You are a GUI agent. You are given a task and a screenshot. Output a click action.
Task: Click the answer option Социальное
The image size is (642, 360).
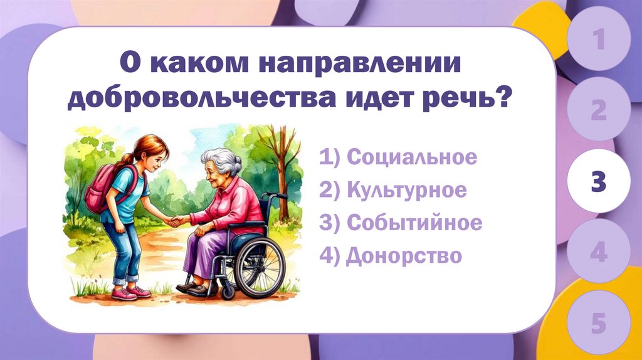398,157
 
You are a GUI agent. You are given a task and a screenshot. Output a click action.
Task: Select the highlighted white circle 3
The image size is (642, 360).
599,181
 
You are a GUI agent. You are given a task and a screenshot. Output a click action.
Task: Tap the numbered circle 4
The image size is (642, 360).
599,253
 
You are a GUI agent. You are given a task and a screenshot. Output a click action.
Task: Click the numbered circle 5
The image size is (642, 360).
599,324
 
